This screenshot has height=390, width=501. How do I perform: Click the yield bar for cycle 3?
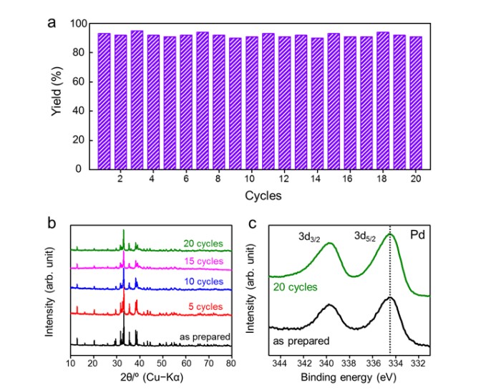point(137,100)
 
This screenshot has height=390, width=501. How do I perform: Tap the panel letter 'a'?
point(52,21)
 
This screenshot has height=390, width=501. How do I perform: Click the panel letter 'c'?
point(252,222)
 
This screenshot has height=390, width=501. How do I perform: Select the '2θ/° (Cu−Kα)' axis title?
point(150,374)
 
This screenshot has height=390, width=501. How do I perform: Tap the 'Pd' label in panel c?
point(415,233)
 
